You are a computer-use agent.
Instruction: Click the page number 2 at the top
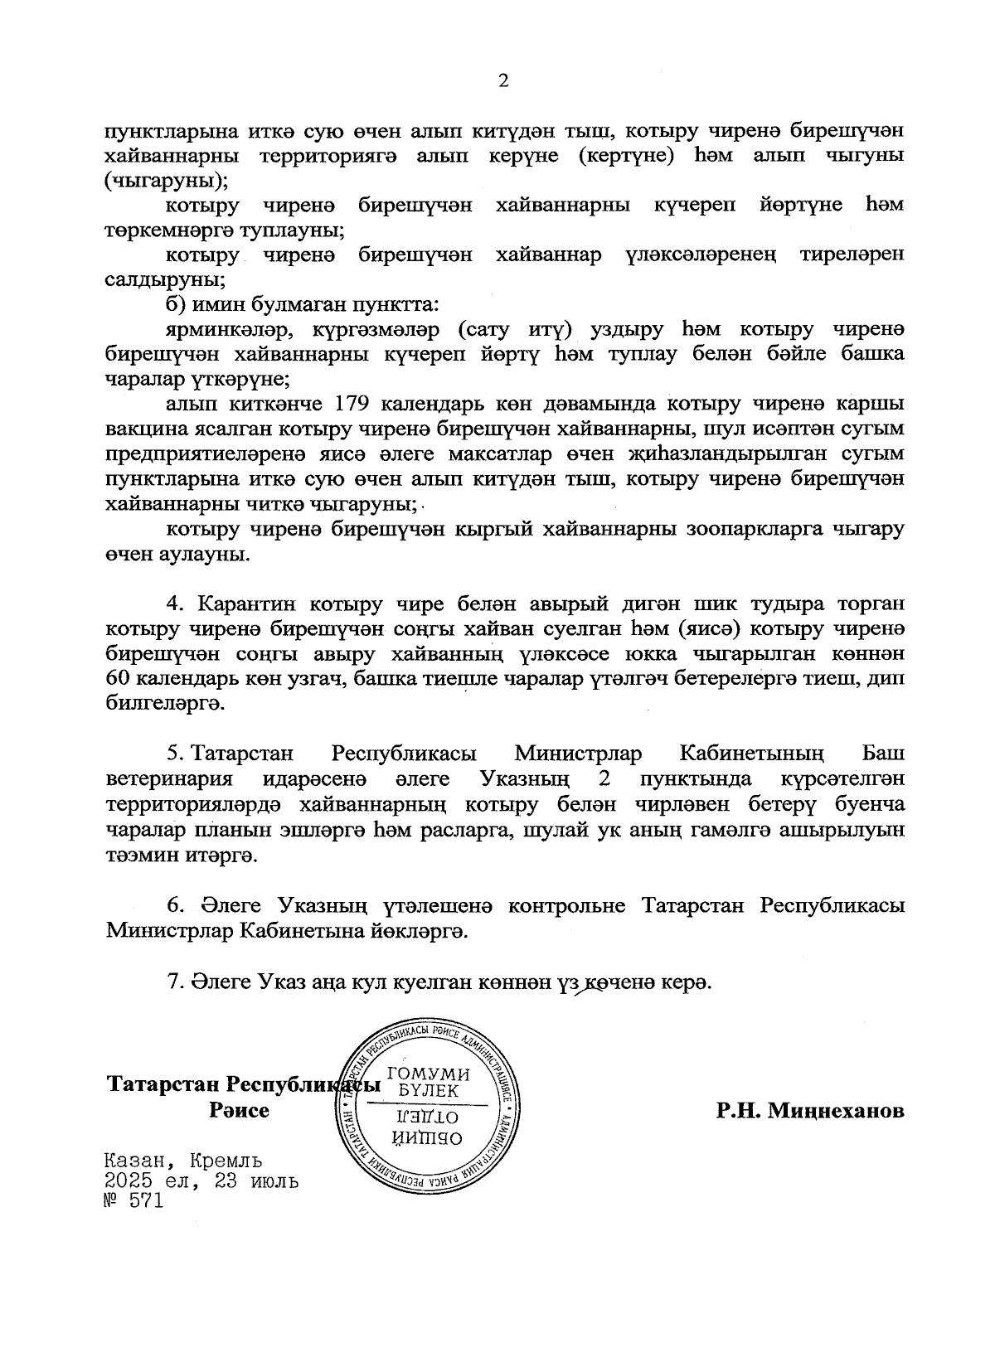501,80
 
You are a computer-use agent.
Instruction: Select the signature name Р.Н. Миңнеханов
810,1111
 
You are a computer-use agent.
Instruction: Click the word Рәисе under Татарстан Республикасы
240,1111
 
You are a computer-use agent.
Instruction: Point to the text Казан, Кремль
184,1161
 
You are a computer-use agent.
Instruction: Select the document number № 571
132,1200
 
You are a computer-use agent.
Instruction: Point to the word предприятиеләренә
209,454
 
